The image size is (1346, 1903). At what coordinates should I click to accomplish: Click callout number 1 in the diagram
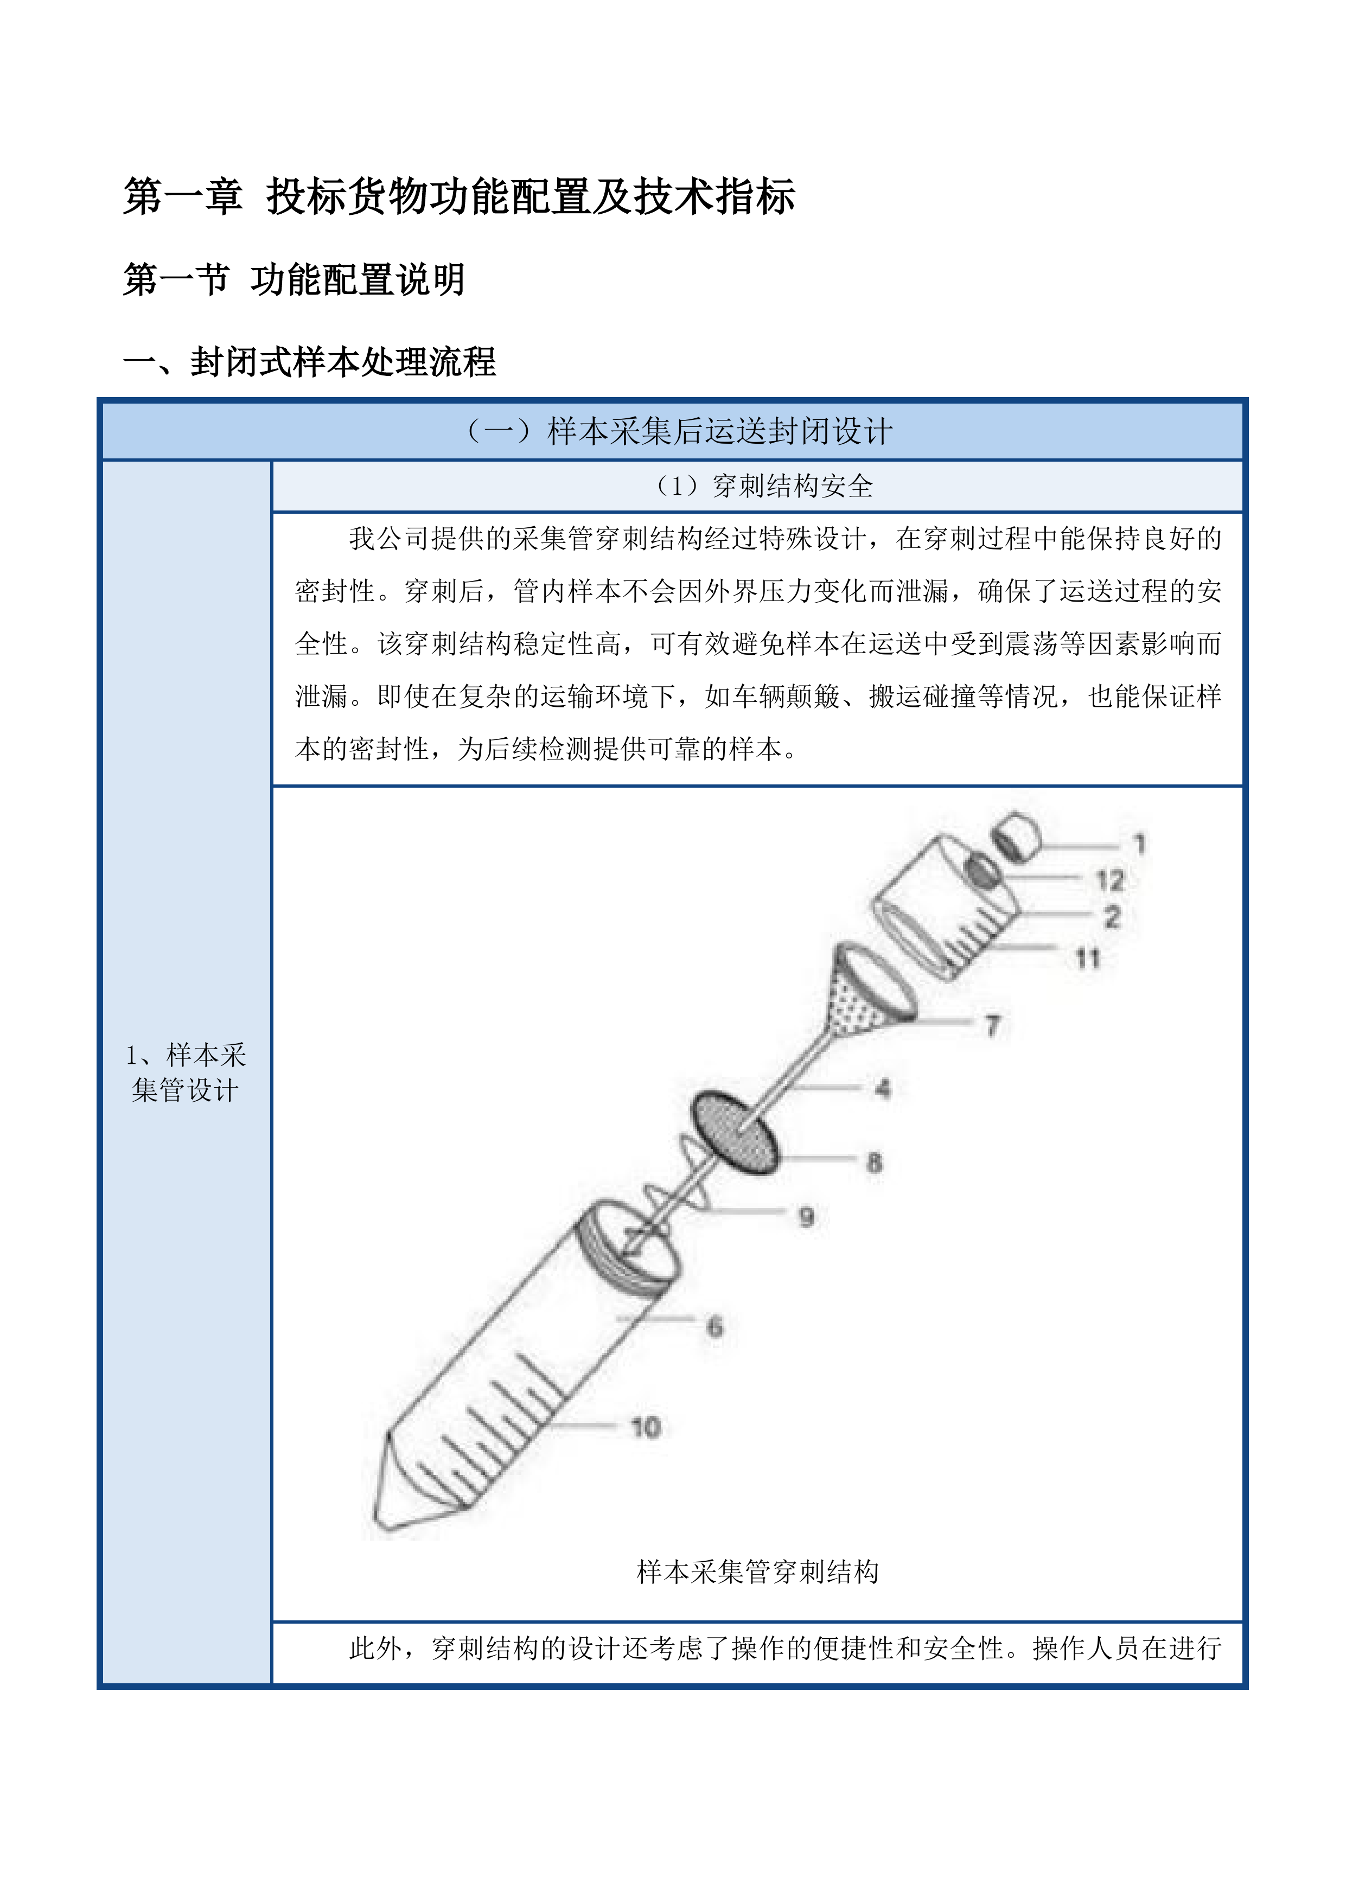(x=1140, y=844)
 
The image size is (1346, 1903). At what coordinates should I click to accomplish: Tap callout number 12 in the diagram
(x=1110, y=880)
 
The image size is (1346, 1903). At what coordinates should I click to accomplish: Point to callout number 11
(x=1087, y=959)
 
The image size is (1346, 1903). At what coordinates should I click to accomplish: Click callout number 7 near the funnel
(x=992, y=1026)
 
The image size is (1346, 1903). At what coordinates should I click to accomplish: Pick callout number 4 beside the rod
(x=883, y=1088)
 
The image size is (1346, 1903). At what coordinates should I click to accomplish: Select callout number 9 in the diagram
(x=806, y=1217)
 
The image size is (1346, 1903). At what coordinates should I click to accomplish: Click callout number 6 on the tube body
(x=715, y=1326)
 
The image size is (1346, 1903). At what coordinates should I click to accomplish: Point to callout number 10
(x=646, y=1427)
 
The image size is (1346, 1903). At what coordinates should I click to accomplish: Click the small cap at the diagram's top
(x=1017, y=836)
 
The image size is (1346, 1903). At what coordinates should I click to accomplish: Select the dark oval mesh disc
(x=735, y=1132)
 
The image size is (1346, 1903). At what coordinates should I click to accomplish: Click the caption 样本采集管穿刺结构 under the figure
(x=757, y=1572)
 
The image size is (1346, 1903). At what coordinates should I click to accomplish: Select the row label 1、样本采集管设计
(x=186, y=1072)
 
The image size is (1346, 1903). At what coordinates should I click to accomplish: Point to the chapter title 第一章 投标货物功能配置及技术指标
(x=459, y=197)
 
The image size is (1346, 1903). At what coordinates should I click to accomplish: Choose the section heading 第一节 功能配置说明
(x=294, y=279)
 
